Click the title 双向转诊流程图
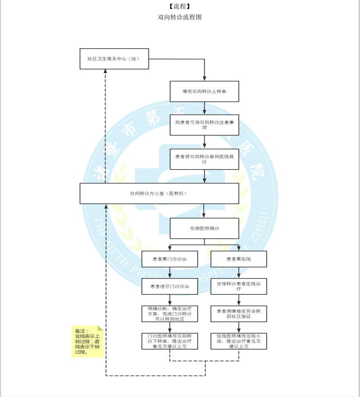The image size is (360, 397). [180, 17]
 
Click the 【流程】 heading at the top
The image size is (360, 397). [180, 6]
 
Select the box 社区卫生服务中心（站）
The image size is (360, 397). [114, 59]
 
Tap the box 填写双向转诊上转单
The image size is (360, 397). [204, 91]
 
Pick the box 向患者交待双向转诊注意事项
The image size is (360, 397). [204, 124]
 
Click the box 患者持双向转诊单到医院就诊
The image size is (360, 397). [204, 159]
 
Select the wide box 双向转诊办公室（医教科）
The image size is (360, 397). [159, 193]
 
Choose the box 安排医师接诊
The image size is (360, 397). [204, 228]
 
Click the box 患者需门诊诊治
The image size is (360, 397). [170, 259]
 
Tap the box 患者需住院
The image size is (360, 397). [239, 259]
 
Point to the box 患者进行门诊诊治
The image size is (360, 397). [170, 286]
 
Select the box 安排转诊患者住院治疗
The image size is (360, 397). [239, 286]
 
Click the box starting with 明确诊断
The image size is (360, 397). [170, 314]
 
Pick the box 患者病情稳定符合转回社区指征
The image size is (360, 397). [239, 314]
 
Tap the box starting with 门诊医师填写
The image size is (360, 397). [170, 341]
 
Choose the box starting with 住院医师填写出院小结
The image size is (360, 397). [239, 341]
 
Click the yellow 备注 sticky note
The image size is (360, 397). [87, 341]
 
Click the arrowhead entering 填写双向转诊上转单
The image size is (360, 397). [204, 79]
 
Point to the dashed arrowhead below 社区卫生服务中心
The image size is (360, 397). [106, 72]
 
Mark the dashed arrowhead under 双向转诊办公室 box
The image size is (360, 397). [106, 206]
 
